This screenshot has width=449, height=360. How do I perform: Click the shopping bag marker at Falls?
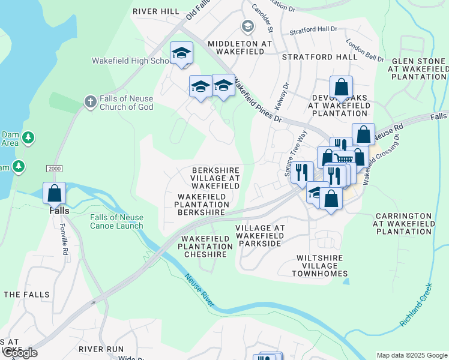54,193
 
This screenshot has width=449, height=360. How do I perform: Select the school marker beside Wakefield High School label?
181,53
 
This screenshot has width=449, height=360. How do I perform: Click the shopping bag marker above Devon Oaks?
341,87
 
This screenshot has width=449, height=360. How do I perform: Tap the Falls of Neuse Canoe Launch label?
117,221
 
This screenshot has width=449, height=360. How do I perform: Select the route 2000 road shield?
54,169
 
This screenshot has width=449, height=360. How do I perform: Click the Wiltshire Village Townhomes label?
320,266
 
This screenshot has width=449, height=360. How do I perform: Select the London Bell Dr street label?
366,50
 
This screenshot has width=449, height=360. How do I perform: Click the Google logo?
19,353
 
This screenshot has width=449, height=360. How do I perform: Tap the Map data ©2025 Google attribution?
411,355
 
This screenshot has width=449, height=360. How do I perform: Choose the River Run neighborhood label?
101,349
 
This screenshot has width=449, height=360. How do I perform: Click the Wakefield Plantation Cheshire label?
205,247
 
